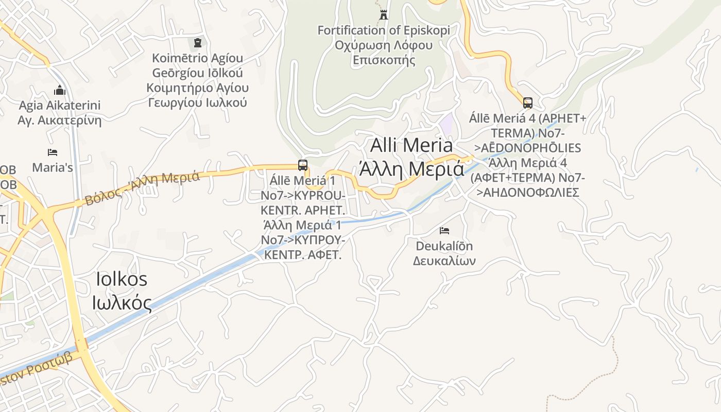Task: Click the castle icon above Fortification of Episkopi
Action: pyautogui.click(x=384, y=15)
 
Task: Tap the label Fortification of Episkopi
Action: pyautogui.click(x=384, y=30)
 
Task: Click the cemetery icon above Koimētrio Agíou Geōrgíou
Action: pyautogui.click(x=197, y=42)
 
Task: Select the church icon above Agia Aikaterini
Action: pyautogui.click(x=60, y=91)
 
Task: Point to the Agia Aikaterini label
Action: pyautogui.click(x=60, y=106)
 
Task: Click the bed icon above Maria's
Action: pyautogui.click(x=53, y=152)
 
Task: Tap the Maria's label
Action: pyautogui.click(x=53, y=168)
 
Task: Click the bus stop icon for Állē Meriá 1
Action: pyautogui.click(x=303, y=165)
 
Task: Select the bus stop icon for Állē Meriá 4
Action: pyautogui.click(x=528, y=102)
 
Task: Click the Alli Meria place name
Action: pyautogui.click(x=411, y=145)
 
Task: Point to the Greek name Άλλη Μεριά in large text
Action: pyautogui.click(x=411, y=168)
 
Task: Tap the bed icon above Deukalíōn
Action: pyautogui.click(x=444, y=230)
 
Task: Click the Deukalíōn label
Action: pyautogui.click(x=444, y=246)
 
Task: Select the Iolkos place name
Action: pyautogui.click(x=122, y=279)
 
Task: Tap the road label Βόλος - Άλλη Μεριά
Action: pyautogui.click(x=142, y=188)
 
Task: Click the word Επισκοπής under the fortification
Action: pyautogui.click(x=384, y=60)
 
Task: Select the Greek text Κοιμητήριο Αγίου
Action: pyautogui.click(x=197, y=88)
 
